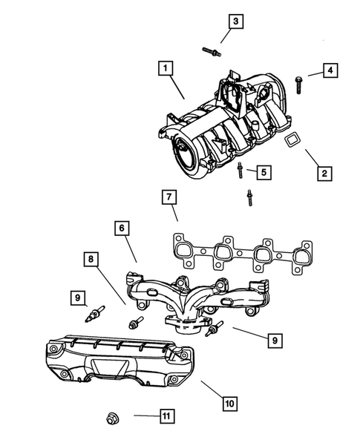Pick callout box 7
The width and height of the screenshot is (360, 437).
coord(169,198)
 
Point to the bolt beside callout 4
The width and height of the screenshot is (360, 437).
coord(298,82)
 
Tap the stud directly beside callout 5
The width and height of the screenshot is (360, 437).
coord(241,171)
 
